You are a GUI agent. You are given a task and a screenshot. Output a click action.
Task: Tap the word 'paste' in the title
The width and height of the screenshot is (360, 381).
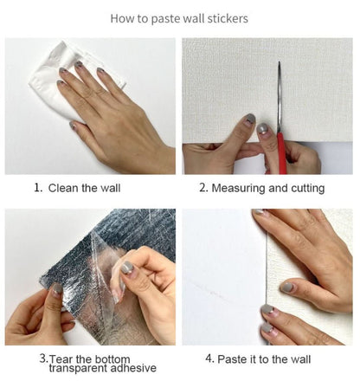point(166,19)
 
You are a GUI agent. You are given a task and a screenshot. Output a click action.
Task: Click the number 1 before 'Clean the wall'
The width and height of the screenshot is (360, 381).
point(37,188)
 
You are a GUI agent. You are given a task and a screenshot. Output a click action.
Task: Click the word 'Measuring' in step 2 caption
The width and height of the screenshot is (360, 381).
point(238,188)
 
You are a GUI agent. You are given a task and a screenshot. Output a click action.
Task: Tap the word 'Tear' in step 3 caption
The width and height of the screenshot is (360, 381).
point(61,359)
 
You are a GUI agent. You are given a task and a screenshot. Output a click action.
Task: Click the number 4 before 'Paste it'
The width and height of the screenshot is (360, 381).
point(209,358)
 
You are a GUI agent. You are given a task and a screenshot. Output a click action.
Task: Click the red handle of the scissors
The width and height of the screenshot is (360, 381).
point(281,153)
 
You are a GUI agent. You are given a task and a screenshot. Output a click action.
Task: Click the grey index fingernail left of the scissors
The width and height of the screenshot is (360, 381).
point(250,119)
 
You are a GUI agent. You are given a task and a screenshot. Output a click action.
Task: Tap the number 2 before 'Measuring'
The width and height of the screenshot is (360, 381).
point(203,188)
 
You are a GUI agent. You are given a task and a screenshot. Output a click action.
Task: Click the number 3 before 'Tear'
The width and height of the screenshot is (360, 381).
point(43,358)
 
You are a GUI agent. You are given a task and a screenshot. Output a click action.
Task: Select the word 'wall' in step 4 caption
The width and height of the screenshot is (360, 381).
point(300,359)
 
